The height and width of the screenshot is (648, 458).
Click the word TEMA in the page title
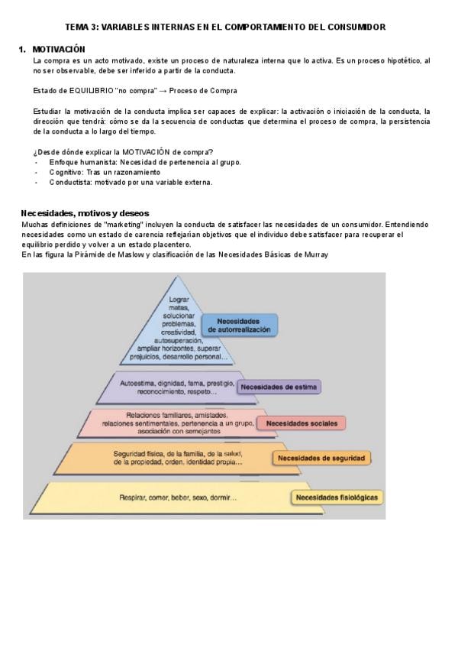[78, 27]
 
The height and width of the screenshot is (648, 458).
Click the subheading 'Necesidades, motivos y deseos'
[85, 212]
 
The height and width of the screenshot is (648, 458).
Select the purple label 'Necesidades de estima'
[279, 387]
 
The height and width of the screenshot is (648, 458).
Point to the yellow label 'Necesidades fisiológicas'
[336, 497]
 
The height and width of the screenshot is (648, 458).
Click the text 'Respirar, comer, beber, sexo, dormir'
[178, 497]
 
